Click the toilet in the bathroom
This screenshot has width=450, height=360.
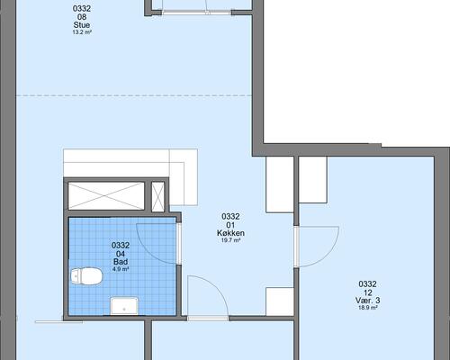click(x=86, y=276)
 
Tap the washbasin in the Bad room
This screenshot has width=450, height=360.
click(x=124, y=306)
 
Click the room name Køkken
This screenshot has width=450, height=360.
click(x=230, y=233)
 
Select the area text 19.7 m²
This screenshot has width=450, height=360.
click(x=230, y=240)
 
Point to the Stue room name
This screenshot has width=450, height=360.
click(x=82, y=25)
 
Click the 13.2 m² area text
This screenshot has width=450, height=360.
click(x=82, y=32)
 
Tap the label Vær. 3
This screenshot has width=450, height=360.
click(x=368, y=300)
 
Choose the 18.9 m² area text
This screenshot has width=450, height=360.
click(x=368, y=308)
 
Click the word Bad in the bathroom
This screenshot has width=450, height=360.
click(x=121, y=262)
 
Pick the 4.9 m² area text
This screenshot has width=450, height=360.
click(x=121, y=269)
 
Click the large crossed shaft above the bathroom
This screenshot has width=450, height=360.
click(x=106, y=195)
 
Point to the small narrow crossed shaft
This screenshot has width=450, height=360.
click(x=157, y=196)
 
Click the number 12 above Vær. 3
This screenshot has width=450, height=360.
click(x=368, y=292)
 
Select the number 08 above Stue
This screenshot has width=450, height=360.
click(x=82, y=17)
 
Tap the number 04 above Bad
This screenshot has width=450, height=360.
click(x=121, y=254)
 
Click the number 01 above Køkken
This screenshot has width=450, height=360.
click(x=230, y=225)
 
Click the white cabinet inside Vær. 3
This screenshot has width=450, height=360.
click(x=313, y=179)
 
